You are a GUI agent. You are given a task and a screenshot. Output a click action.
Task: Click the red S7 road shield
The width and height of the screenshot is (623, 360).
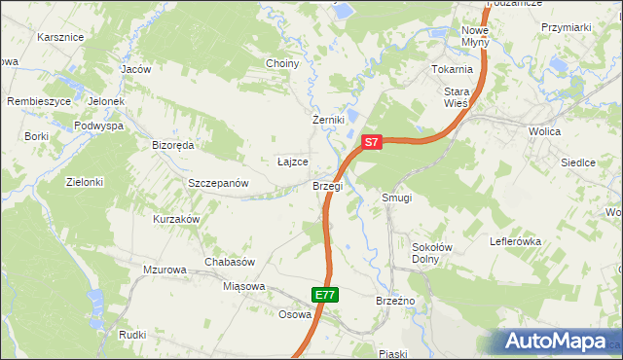371,142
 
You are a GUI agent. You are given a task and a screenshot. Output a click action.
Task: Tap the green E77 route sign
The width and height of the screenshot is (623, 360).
326,294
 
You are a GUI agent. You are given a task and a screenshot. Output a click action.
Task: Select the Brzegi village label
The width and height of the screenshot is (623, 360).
327,185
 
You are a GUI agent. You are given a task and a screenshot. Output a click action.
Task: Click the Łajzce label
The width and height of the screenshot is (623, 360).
293,162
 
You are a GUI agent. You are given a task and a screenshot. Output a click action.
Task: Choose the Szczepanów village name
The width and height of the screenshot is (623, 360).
219,183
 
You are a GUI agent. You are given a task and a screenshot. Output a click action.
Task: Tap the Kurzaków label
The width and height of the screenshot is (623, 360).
176,219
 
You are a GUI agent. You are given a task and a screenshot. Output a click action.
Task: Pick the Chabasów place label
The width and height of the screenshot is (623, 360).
230,262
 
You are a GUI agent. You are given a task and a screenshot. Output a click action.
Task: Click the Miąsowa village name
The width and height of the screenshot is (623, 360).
244,286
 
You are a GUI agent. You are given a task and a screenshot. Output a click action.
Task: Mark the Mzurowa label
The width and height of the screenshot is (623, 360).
164,270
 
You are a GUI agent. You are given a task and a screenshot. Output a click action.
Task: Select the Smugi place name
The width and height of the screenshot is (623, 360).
397,198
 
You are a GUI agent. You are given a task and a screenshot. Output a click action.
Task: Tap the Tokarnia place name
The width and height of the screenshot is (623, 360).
453,70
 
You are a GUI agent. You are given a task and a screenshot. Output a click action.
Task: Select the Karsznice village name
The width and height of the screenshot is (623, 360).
60,37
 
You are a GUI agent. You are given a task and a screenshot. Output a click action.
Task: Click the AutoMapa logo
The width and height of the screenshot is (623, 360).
558,341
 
